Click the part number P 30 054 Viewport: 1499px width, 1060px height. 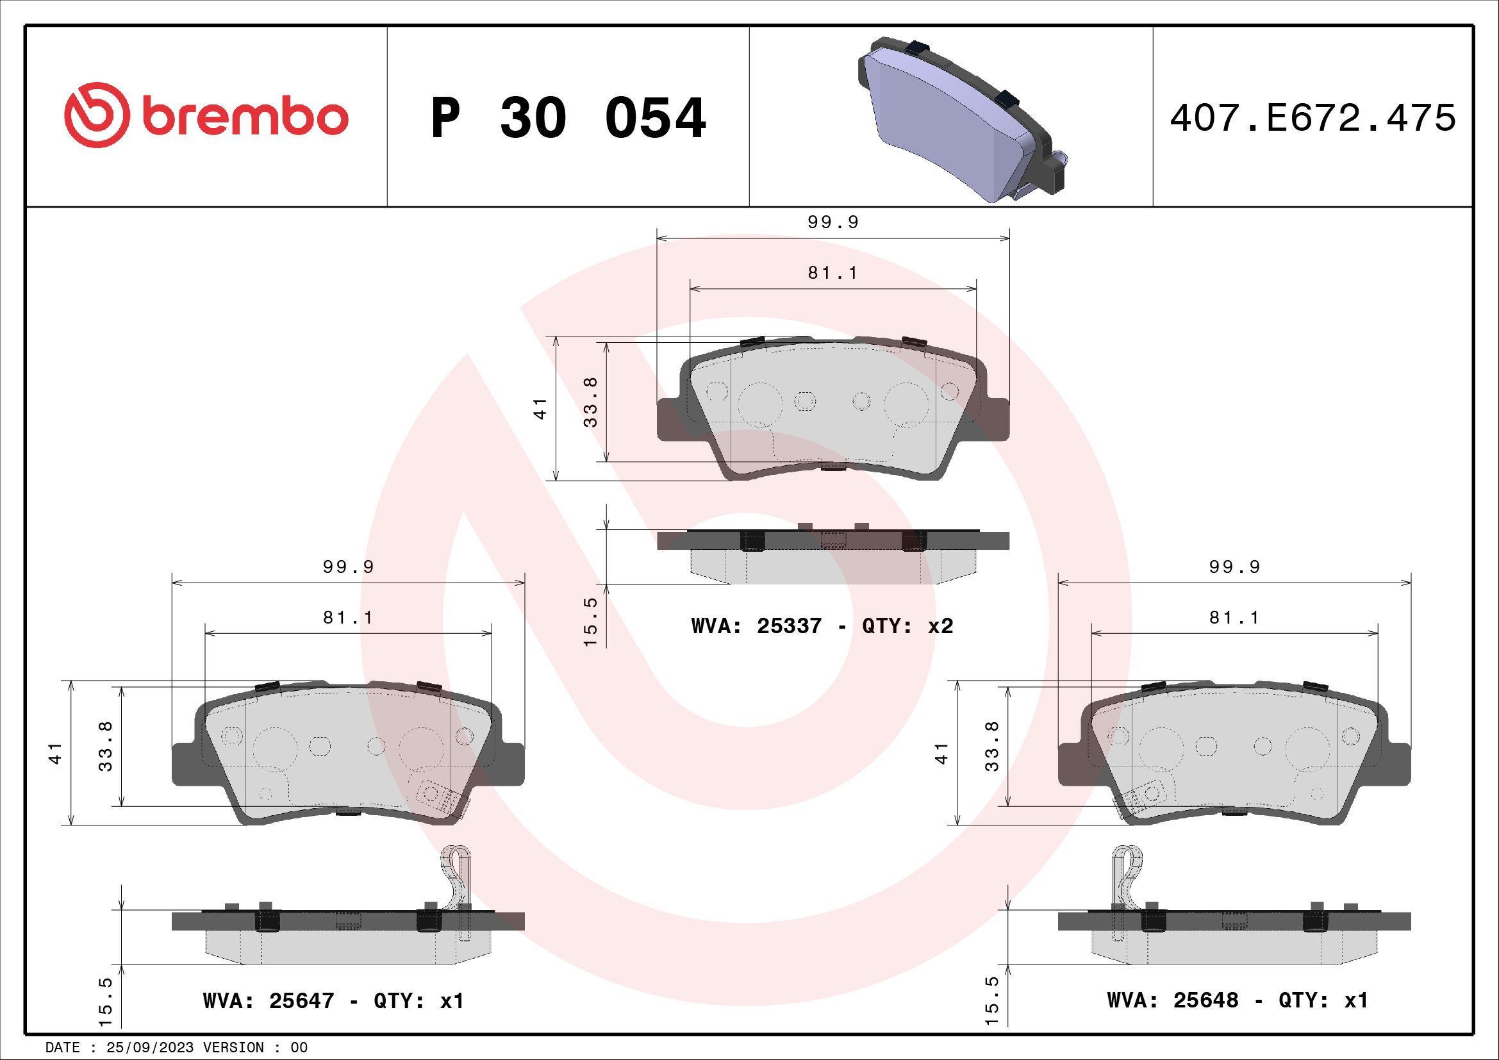tap(568, 119)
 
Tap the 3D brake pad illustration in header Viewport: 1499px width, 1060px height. tap(960, 120)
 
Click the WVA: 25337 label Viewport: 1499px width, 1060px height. tap(756, 626)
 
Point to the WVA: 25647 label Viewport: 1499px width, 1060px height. tap(269, 1000)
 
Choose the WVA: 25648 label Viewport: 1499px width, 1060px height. tap(1173, 1000)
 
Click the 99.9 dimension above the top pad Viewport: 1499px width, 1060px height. tap(833, 222)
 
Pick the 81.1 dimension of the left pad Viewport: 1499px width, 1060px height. tap(348, 617)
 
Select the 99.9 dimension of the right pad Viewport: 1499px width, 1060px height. tap(1234, 567)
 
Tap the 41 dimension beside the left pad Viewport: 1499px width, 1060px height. tap(56, 752)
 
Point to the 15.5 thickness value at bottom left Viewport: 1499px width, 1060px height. tap(106, 1001)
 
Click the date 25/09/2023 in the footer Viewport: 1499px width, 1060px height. tap(149, 1048)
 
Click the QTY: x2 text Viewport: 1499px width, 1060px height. tap(907, 626)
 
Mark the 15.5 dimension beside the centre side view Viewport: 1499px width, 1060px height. tap(590, 622)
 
